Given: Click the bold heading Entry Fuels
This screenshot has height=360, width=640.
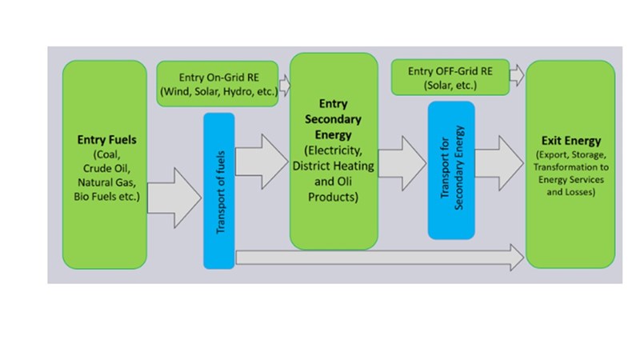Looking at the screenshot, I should pyautogui.click(x=106, y=140).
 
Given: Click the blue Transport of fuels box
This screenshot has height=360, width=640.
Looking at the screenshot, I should pyautogui.click(x=219, y=190).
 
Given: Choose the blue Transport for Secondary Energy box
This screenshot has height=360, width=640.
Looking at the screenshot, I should pyautogui.click(x=451, y=170).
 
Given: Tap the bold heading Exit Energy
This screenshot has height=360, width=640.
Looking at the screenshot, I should pyautogui.click(x=570, y=141).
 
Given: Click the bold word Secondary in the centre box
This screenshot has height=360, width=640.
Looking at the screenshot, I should pyautogui.click(x=333, y=118).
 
